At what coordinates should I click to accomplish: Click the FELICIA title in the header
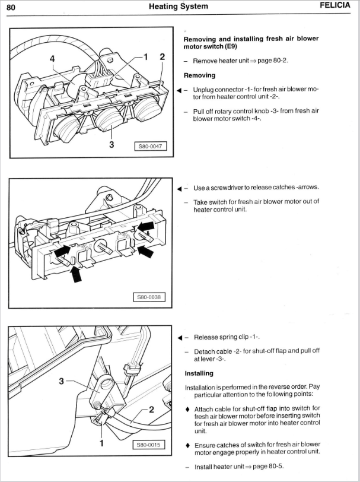click(336, 7)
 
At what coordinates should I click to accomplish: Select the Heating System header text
click(179, 7)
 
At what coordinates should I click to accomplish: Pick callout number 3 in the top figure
click(111, 142)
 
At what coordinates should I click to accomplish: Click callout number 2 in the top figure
click(163, 57)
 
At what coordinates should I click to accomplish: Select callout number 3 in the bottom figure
click(61, 381)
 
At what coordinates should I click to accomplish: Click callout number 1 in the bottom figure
click(101, 443)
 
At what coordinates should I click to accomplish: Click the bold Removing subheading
click(199, 75)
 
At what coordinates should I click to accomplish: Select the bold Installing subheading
click(199, 374)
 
